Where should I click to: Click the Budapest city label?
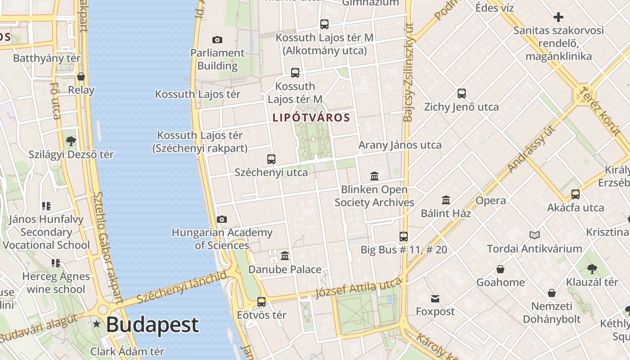point(152,325)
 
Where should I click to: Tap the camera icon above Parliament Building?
point(217,40)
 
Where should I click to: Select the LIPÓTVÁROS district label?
point(311,118)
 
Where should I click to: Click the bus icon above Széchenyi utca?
point(271,159)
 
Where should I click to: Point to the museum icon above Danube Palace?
point(285,256)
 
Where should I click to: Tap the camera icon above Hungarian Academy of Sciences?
point(222,219)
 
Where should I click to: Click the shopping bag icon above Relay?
point(81,76)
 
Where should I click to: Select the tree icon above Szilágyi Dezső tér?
point(71,141)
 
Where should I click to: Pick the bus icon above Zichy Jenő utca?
point(462,94)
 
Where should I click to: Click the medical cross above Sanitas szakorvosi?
point(558,18)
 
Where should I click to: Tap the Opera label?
point(490,201)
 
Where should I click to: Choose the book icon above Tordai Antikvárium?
point(535,235)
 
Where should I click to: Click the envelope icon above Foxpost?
point(435,298)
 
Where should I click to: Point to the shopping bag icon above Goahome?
point(500,269)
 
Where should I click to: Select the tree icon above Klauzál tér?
point(592,269)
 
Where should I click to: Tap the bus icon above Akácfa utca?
point(576,194)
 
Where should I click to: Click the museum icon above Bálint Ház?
point(446,200)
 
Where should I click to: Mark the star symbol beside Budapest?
point(96,324)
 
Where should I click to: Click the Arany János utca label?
point(400,145)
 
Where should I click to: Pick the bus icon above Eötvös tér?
point(261,301)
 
